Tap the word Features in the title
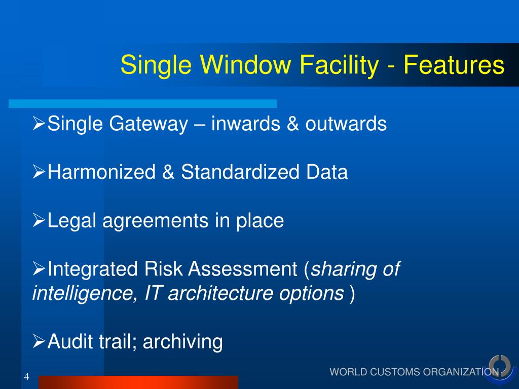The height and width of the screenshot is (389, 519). pyautogui.click(x=454, y=66)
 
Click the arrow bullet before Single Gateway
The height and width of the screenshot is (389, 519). pyautogui.click(x=39, y=124)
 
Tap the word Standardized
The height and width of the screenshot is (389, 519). pyautogui.click(x=240, y=173)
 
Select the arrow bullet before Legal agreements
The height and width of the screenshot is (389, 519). pyautogui.click(x=39, y=220)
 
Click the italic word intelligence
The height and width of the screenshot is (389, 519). pyautogui.click(x=81, y=293)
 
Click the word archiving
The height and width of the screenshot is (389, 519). pyautogui.click(x=183, y=342)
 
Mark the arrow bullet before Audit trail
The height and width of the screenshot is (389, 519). pyautogui.click(x=39, y=341)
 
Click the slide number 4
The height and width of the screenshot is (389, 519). pyautogui.click(x=26, y=376)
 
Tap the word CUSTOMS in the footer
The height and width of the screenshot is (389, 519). pyautogui.click(x=395, y=372)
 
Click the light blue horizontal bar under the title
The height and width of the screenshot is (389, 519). pyautogui.click(x=142, y=104)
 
